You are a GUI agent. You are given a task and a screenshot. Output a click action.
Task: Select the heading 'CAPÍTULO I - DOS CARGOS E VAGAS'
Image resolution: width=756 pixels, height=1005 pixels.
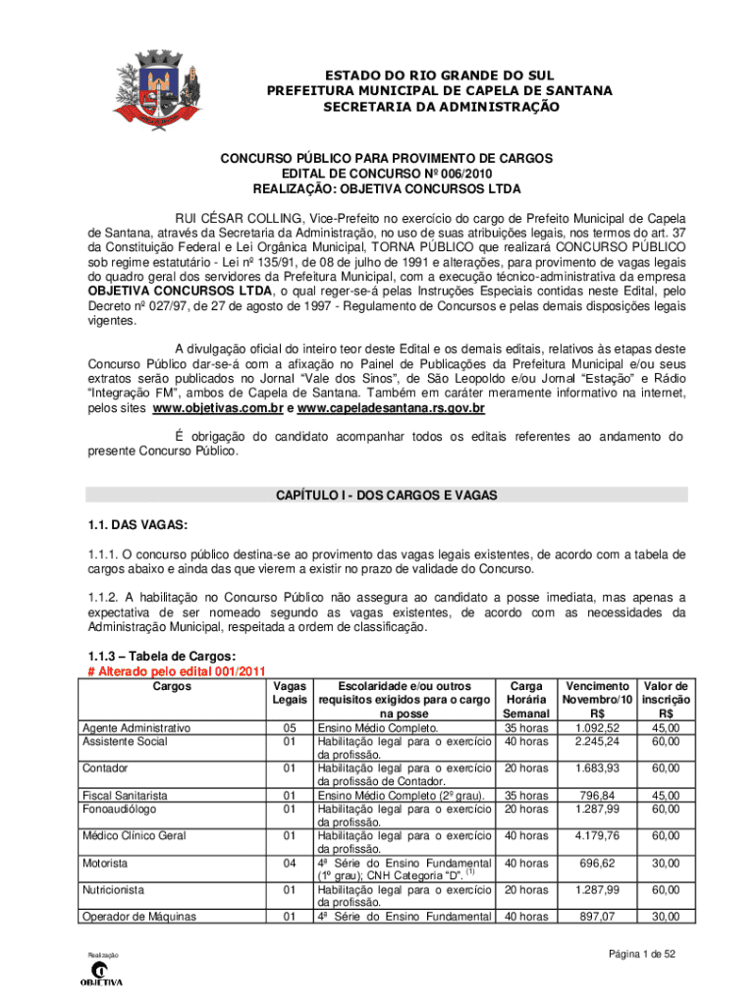coord(386,496)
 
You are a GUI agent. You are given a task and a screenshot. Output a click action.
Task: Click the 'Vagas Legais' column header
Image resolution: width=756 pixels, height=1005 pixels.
coord(289,693)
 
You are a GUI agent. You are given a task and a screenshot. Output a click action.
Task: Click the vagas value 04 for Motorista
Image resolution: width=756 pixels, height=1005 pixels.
coord(289,863)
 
